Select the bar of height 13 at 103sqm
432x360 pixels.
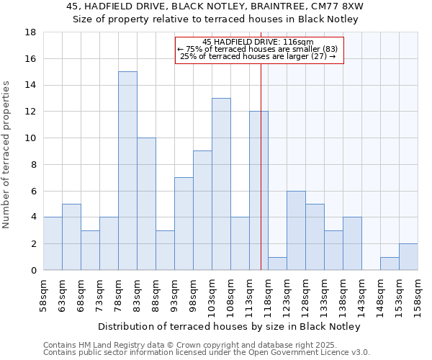[x=221, y=184]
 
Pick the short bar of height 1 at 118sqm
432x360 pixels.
[x=277, y=264]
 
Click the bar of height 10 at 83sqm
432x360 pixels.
[x=146, y=204]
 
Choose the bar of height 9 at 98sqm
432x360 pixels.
[x=202, y=210]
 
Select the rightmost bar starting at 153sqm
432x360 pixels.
[x=408, y=257]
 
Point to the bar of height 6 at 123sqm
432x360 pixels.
[x=296, y=230]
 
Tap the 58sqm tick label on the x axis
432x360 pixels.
[x=43, y=294]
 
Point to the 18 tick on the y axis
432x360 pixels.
[x=31, y=32]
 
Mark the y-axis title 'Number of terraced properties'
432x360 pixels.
[x=7, y=155]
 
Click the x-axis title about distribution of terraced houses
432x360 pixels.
[x=229, y=326]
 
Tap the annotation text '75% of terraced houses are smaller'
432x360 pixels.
[x=259, y=49]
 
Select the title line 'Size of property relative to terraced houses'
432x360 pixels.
[x=215, y=19]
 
